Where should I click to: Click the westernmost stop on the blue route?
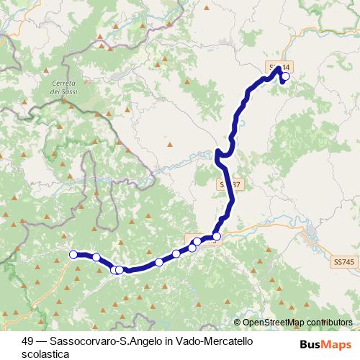(73, 253)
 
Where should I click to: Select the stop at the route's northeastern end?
(285, 76)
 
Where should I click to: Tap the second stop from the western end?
(96, 257)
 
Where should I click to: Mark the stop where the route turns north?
(217, 235)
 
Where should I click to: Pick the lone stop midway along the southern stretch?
(158, 262)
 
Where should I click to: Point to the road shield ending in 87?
(226, 184)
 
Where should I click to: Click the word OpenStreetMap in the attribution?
(274, 323)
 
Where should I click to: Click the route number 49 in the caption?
(27, 339)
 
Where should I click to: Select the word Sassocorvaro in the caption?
(74, 339)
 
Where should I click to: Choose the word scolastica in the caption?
(45, 354)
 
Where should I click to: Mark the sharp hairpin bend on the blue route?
(217, 153)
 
